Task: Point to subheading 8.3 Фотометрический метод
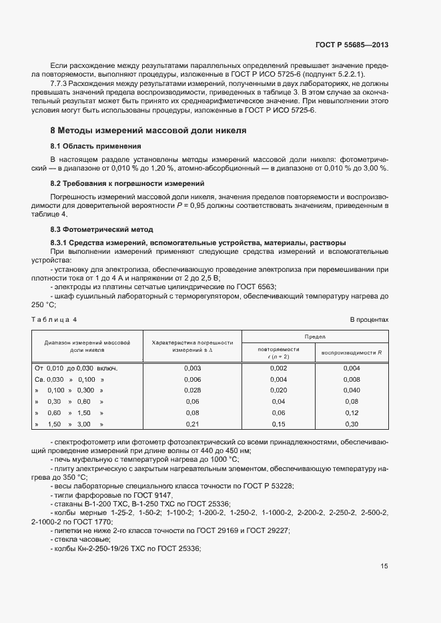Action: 102,229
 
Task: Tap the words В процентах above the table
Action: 369,320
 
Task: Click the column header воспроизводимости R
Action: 352,352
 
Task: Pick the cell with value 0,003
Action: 192,368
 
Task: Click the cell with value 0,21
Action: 192,424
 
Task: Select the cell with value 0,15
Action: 278,424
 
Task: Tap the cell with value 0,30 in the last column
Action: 352,424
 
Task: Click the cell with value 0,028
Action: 192,390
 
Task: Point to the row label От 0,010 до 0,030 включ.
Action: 75,368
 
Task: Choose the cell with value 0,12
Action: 352,412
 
